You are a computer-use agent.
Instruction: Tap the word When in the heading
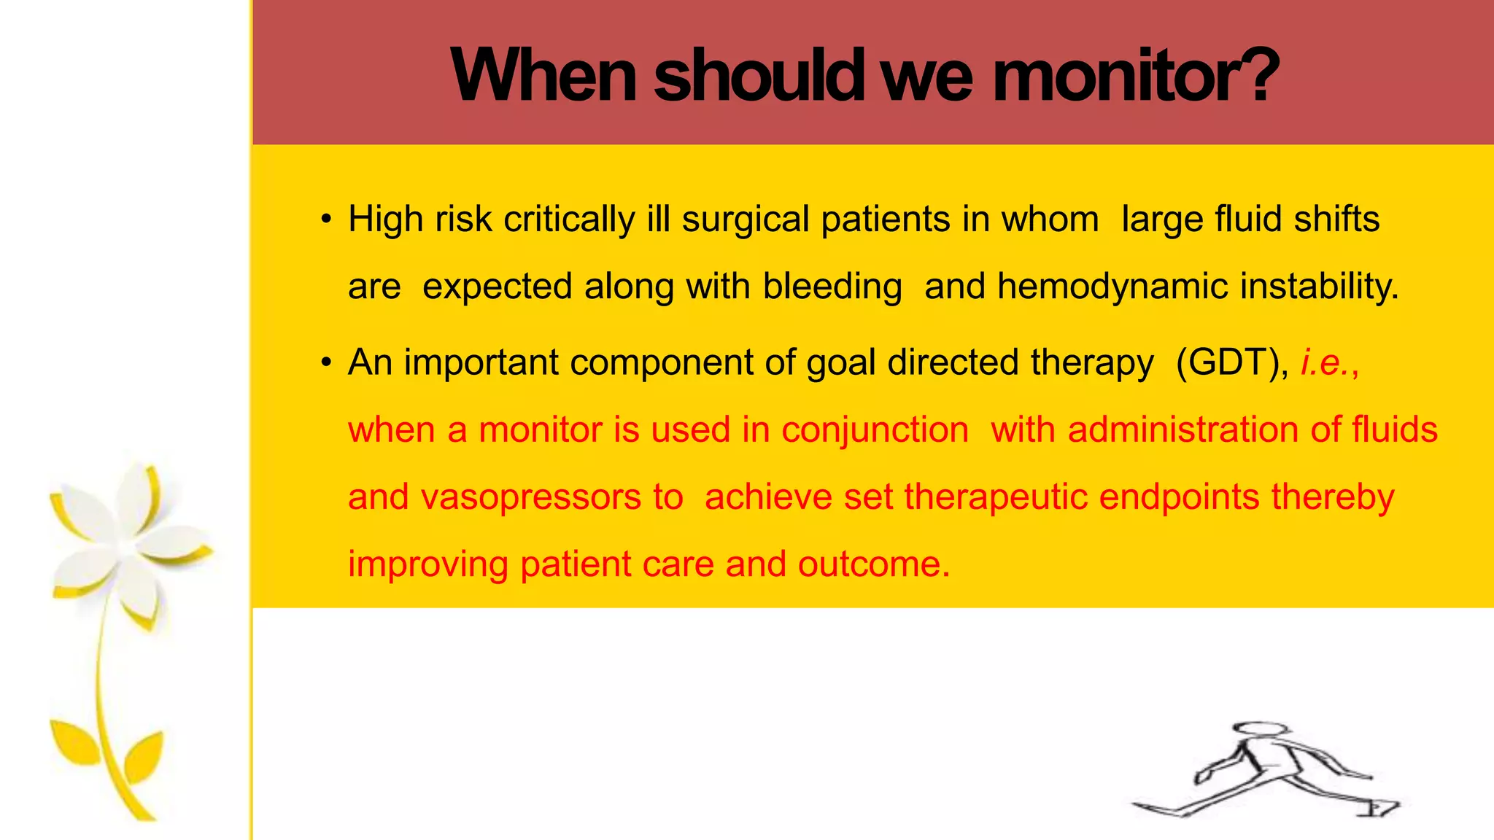pyautogui.click(x=543, y=76)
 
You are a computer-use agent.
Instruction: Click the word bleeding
pyautogui.click(x=832, y=287)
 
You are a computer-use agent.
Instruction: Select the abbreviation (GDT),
pyautogui.click(x=1232, y=362)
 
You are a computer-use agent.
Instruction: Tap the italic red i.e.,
pyautogui.click(x=1330, y=362)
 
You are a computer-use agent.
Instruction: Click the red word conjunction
pyautogui.click(x=875, y=429)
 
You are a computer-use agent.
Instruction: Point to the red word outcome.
pyautogui.click(x=873, y=564)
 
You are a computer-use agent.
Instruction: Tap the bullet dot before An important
pyautogui.click(x=326, y=363)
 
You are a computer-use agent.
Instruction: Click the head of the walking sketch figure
pyautogui.click(x=1260, y=731)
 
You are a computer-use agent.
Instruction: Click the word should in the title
pyautogui.click(x=759, y=76)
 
